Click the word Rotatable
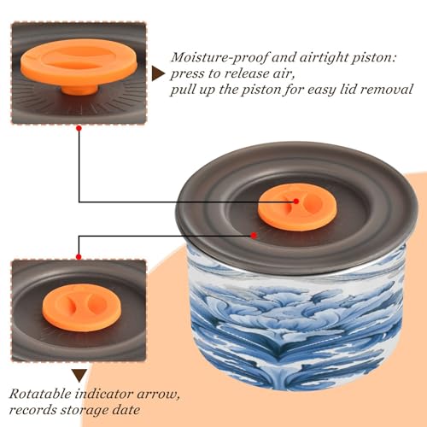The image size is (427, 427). click(x=40, y=395)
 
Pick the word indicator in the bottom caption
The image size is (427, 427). click(x=104, y=395)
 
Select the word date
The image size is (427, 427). click(x=126, y=410)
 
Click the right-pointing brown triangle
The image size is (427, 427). click(x=157, y=74)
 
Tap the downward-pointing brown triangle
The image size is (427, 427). click(x=79, y=376)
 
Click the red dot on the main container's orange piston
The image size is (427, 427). click(x=296, y=202)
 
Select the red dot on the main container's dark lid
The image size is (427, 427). click(x=254, y=236)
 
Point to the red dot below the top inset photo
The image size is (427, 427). click(x=79, y=128)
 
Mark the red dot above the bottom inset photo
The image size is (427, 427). click(x=79, y=257)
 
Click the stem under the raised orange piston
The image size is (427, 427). click(x=79, y=90)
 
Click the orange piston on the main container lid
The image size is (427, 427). click(x=297, y=207)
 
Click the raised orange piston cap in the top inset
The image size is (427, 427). click(x=79, y=62)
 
